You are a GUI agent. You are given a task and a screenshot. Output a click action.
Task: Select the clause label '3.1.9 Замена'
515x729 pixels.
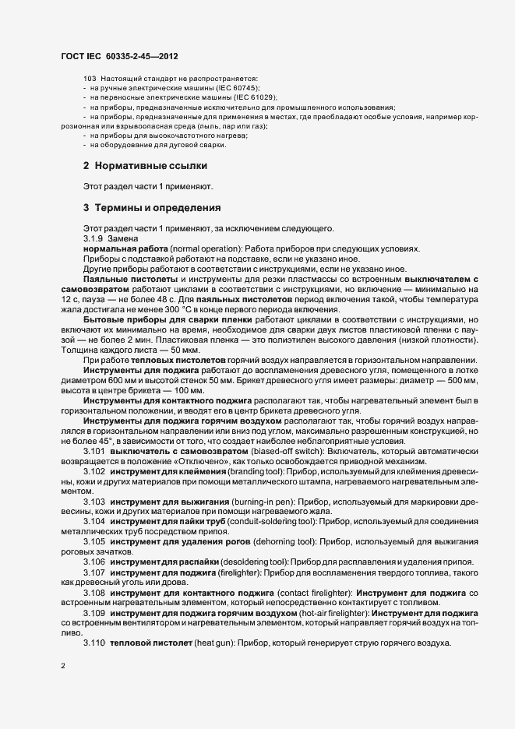point(111,238)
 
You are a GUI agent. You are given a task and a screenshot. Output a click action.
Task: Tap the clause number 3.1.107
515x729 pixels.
point(93,572)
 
